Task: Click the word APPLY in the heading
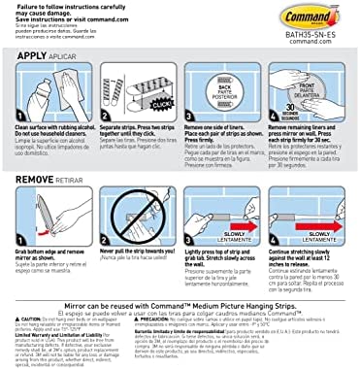click(x=31, y=57)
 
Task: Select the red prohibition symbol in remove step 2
click(x=135, y=217)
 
